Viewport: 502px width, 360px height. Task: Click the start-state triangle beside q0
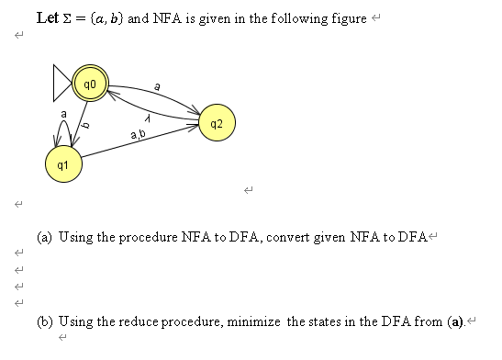pos(65,84)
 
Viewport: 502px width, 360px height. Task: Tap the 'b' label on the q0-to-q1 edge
pos(84,125)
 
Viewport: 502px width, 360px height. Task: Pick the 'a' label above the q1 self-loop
pos(62,113)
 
